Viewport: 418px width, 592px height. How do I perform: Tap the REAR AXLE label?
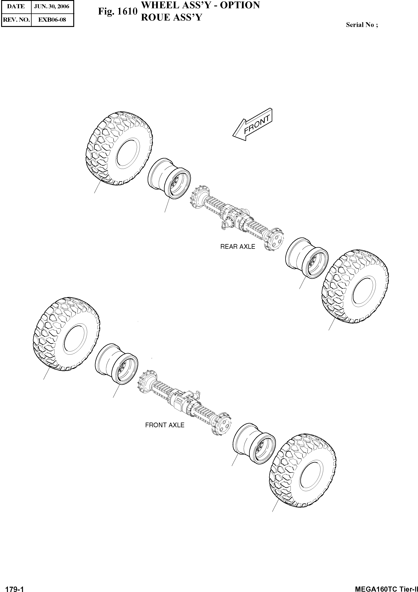[237, 247]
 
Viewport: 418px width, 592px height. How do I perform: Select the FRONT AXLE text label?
[165, 425]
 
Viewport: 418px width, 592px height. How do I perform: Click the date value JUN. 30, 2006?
[52, 6]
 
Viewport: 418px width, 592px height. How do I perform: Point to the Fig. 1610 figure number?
[118, 12]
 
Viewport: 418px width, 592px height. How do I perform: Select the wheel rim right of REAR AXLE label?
[307, 258]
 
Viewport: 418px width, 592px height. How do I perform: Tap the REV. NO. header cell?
[16, 20]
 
